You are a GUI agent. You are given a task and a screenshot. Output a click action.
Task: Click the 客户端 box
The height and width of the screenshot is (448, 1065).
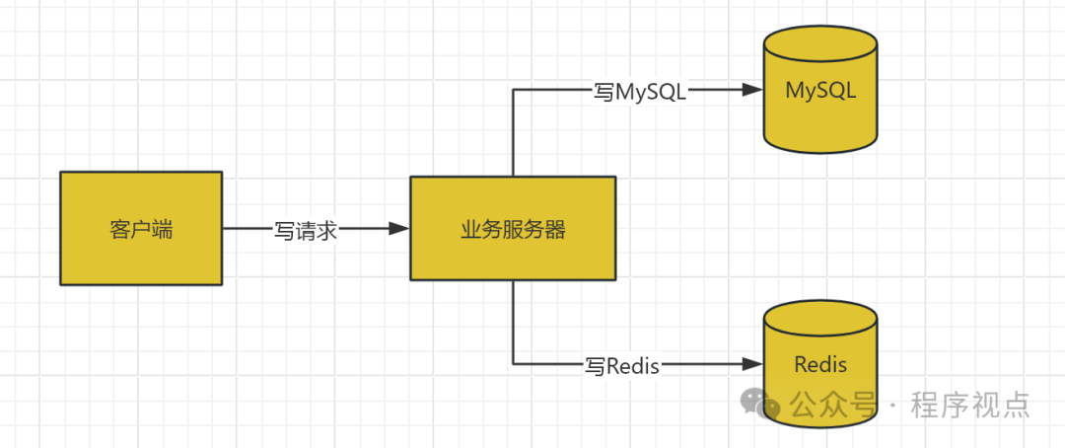point(141,229)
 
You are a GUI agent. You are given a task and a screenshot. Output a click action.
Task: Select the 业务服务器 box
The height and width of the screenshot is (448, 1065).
point(513,229)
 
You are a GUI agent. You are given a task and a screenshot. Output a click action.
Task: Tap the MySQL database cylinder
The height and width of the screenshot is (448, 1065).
point(820,99)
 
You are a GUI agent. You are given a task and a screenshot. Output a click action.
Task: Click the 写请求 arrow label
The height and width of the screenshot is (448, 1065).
point(306,230)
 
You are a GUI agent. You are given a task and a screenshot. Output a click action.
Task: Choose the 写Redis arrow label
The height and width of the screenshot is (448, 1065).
point(622,366)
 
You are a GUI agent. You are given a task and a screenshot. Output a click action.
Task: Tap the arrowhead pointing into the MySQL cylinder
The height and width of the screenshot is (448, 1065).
point(753,90)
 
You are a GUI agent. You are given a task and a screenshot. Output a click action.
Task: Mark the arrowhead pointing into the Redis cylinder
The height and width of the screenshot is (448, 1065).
point(753,365)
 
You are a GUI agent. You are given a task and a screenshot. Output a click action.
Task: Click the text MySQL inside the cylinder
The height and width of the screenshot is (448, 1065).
point(820,91)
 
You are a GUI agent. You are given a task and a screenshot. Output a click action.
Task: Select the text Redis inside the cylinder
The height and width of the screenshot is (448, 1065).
point(820,365)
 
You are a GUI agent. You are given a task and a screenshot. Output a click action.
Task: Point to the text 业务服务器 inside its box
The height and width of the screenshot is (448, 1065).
point(513,230)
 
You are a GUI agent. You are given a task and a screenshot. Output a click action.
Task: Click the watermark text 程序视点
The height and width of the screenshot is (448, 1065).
point(970,405)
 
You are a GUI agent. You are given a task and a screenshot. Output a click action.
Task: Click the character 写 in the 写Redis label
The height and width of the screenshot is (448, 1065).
point(595,366)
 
